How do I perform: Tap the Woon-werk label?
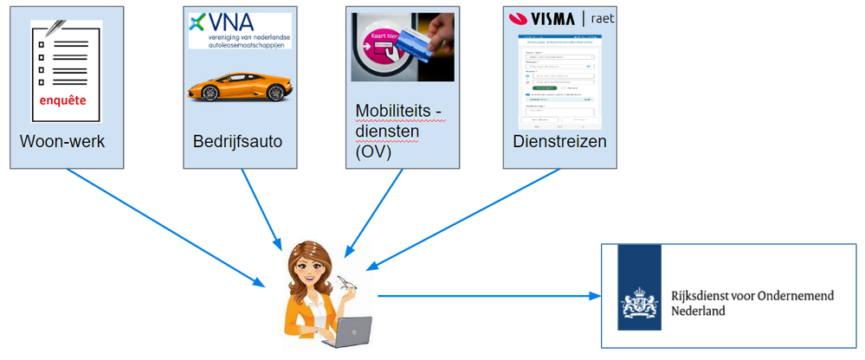point(61,142)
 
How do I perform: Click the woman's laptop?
point(347,331)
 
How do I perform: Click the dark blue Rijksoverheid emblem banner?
point(638,287)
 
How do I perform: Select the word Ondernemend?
point(797,296)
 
